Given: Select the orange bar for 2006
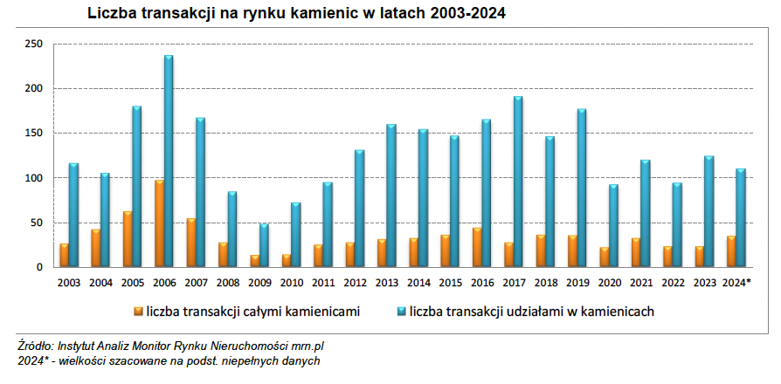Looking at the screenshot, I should coord(159,223).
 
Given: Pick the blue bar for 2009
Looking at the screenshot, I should coord(264,245).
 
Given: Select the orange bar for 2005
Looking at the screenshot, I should coord(128,239).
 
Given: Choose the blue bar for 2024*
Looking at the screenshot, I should coord(741,217).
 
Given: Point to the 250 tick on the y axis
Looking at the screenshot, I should coord(34,44).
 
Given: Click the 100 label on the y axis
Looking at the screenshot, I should coord(34,178).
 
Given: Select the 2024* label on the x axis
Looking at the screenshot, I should coord(737,282).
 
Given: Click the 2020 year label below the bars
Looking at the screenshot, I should coord(609,282).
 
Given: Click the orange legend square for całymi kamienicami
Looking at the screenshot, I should coord(138,310).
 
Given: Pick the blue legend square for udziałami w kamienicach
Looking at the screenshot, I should coord(401,310).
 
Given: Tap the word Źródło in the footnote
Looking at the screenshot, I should coord(36,347).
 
